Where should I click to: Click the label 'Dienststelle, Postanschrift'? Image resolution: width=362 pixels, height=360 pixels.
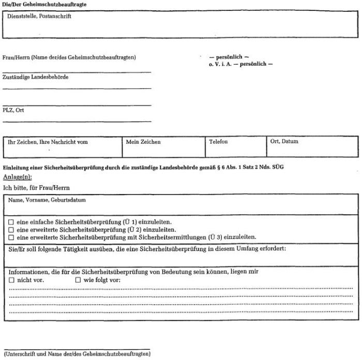[x=40, y=16]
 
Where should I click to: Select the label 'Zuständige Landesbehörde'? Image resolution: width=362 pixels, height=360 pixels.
[x=35, y=77]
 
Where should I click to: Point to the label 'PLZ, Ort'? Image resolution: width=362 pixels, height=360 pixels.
[x=13, y=110]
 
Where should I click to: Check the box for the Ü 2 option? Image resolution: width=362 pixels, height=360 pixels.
[x=11, y=230]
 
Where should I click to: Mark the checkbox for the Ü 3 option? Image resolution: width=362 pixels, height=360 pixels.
[x=11, y=237]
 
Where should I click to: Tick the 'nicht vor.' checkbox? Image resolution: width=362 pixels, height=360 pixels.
[x=11, y=280]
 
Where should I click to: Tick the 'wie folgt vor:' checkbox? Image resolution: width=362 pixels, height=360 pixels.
[x=78, y=280]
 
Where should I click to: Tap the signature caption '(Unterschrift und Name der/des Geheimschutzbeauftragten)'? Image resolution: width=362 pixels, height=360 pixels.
[x=77, y=354]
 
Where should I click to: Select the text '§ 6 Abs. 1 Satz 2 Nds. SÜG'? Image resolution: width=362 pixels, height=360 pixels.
[x=252, y=167]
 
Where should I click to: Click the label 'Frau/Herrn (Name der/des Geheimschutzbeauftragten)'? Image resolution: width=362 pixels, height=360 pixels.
[x=69, y=57]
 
